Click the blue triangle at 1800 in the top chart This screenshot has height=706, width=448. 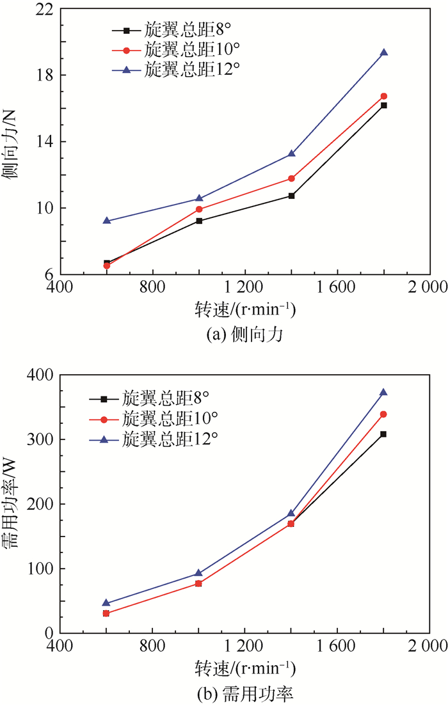[383, 52]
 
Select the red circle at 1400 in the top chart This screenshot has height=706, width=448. [291, 178]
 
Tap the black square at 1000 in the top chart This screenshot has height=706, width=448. [199, 221]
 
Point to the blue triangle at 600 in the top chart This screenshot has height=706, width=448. [107, 221]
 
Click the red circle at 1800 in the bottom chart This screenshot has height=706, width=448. [383, 414]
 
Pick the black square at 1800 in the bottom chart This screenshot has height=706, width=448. [383, 434]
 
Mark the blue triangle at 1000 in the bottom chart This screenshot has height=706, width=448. [199, 573]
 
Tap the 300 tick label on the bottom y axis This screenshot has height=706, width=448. [43, 440]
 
